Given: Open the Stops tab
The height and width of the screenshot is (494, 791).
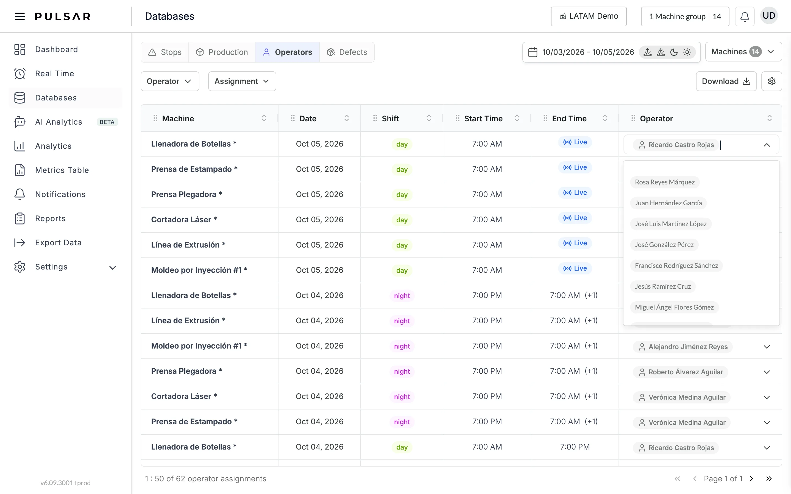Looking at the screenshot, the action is (x=165, y=52).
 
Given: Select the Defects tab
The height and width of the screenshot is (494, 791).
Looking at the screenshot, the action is (x=347, y=52).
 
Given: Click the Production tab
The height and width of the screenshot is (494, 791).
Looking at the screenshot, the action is (x=222, y=52).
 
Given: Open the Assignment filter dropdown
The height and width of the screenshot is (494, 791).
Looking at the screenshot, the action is (x=242, y=81).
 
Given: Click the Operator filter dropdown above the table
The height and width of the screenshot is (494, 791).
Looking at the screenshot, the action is (x=170, y=81).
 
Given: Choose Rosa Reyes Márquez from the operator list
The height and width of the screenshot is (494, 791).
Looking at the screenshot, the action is (x=664, y=182).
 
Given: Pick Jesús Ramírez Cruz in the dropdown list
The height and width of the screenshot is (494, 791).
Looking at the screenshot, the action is (x=662, y=287).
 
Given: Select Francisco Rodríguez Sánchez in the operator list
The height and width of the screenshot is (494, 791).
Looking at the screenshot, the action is (x=676, y=266).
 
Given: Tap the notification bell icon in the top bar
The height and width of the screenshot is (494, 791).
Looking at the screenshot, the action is (x=745, y=17).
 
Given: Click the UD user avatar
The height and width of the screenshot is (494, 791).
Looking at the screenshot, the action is (x=769, y=16).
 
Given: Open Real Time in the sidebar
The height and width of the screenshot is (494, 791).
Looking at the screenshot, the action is (x=55, y=74).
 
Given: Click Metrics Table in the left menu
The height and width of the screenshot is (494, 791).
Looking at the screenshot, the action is (x=62, y=170).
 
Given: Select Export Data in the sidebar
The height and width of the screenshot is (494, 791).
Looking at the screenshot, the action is (x=58, y=243).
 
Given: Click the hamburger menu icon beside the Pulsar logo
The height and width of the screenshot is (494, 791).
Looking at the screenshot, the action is (x=20, y=16).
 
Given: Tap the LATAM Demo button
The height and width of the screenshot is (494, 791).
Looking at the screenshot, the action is (x=589, y=16).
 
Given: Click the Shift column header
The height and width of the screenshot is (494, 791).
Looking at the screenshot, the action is (x=390, y=119).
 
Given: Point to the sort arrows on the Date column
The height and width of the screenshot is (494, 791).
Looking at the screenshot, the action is (x=346, y=118).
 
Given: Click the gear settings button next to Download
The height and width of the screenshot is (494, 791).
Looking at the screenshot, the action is (x=771, y=81).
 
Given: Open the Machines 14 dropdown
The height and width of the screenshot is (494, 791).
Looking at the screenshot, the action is (x=743, y=52).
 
